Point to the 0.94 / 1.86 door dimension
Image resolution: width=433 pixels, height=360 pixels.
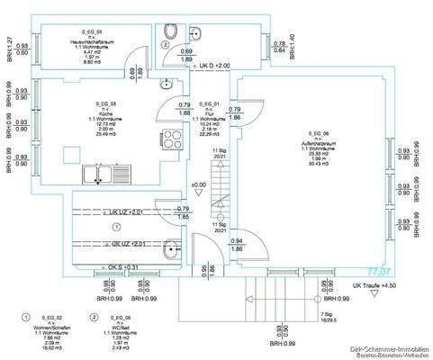point(236,244)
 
